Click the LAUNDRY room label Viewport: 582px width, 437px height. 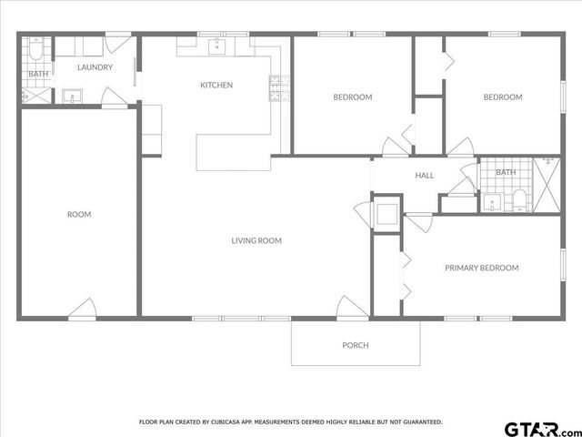tap(95, 67)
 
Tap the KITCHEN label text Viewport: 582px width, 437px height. tap(216, 85)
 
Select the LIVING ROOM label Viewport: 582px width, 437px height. tap(256, 241)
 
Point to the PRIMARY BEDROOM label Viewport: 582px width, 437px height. tap(481, 268)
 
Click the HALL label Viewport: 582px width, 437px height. tap(425, 176)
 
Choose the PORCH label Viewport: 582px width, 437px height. tap(356, 345)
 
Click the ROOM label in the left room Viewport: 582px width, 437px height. tap(79, 215)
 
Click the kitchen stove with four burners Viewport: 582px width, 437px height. tap(277, 86)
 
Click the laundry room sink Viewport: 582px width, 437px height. tap(73, 95)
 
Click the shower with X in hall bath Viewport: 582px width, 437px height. tap(548, 184)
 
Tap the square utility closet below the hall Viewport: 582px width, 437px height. tap(386, 214)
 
